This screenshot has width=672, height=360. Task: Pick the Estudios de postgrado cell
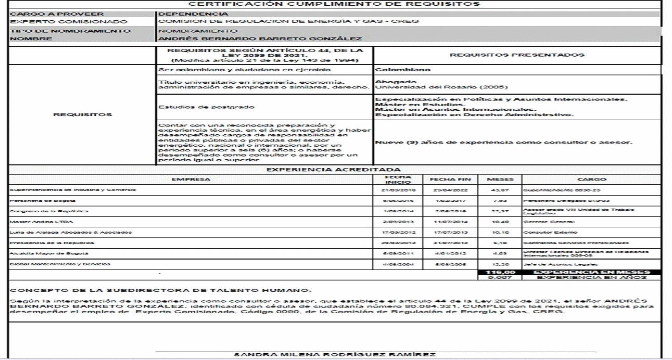pos(192,108)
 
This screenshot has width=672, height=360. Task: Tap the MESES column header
pos(492,179)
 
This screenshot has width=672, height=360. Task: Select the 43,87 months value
pos(492,190)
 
